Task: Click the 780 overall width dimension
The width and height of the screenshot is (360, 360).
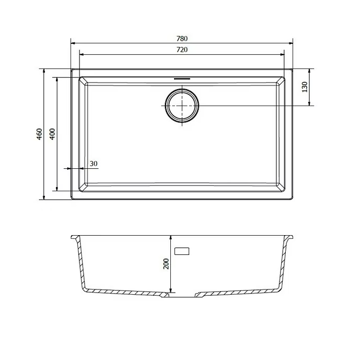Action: pyautogui.click(x=182, y=38)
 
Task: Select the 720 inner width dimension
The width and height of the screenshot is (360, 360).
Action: pyautogui.click(x=182, y=50)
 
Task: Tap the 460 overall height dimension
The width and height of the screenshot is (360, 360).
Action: pyautogui.click(x=39, y=134)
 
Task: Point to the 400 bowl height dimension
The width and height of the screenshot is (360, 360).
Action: pyautogui.click(x=52, y=134)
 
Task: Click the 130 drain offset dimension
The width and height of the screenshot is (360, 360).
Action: pyautogui.click(x=305, y=87)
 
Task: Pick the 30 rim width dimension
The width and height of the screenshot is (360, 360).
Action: pyautogui.click(x=94, y=164)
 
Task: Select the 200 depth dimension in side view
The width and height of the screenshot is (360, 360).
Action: pyautogui.click(x=166, y=264)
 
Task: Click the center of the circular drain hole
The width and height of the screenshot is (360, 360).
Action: pyautogui.click(x=182, y=106)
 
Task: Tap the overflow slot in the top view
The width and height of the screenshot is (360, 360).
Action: pyautogui.click(x=182, y=79)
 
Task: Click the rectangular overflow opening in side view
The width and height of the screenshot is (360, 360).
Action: pyautogui.click(x=182, y=251)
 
